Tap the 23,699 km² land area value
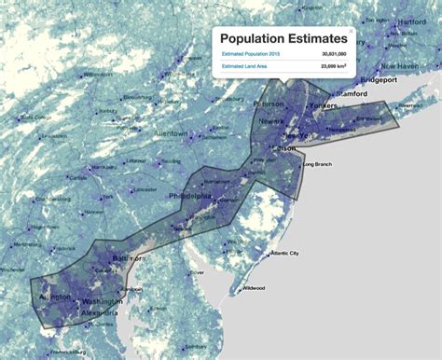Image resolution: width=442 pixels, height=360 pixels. (329, 67)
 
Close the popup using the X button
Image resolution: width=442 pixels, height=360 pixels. (352, 31)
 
